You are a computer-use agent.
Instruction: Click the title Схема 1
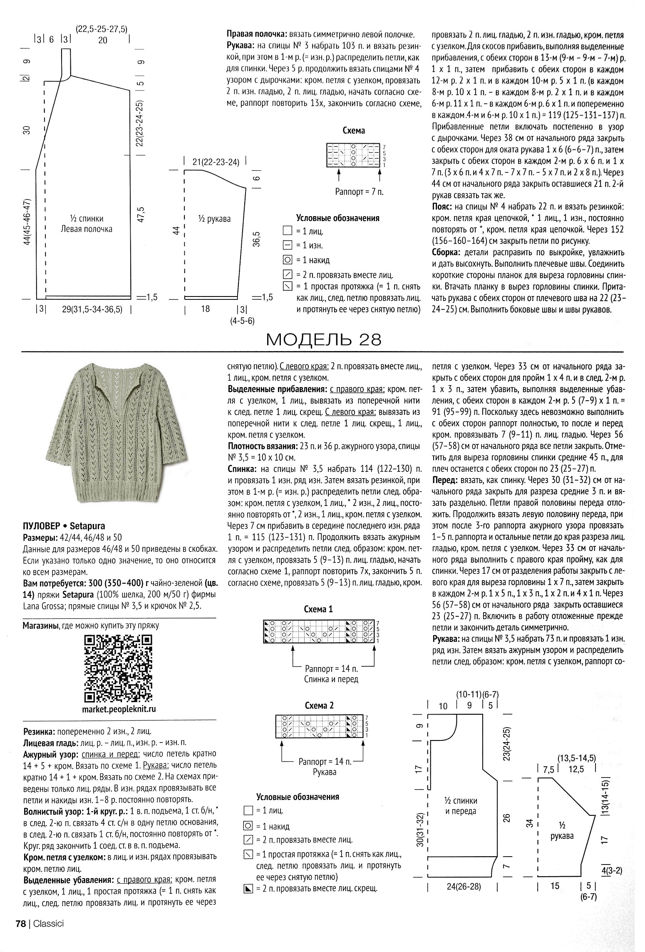319,609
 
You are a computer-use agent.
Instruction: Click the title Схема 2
319,705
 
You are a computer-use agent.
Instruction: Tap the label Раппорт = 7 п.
359,192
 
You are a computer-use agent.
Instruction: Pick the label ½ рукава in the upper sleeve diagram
214,219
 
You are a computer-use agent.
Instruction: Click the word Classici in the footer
48,935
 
